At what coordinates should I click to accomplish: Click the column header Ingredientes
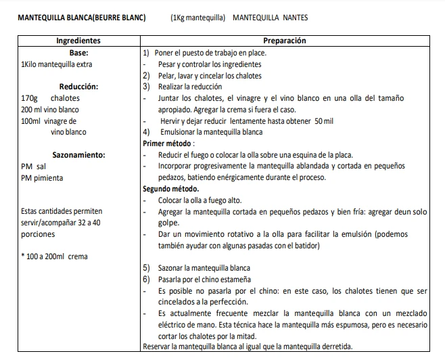point(78,41)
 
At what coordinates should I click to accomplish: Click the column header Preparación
point(285,41)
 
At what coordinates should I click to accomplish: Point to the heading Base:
point(80,53)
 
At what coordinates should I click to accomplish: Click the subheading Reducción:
point(78,87)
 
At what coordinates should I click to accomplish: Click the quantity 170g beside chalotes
point(28,98)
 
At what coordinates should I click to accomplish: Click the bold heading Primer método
point(169,143)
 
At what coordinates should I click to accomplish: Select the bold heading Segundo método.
point(171,189)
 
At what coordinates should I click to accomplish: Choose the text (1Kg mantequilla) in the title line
point(197,17)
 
